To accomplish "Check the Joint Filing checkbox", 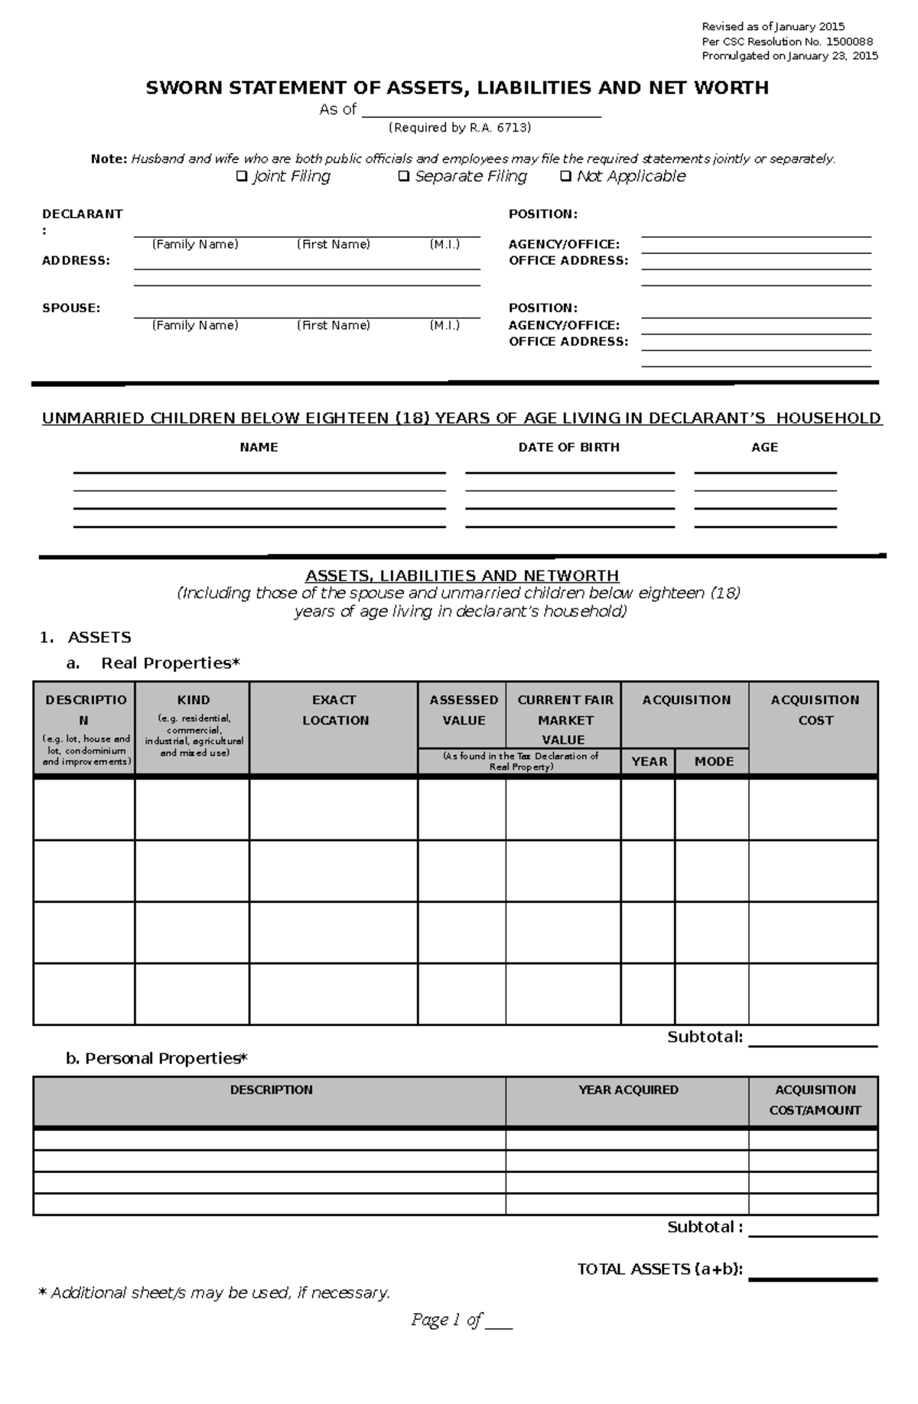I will [x=242, y=177].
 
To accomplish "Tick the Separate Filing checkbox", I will [x=404, y=177].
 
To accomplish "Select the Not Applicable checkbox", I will [x=566, y=177].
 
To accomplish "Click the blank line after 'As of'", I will [x=481, y=110].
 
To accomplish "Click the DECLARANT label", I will [x=82, y=214].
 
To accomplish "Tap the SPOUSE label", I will [x=71, y=308].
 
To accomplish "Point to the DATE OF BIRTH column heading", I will [x=568, y=448].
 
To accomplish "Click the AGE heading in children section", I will [x=764, y=448].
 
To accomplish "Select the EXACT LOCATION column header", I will [x=334, y=710].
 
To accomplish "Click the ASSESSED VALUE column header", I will [x=464, y=710].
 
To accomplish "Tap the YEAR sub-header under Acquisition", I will [x=649, y=761].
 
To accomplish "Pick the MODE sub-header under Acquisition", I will [x=713, y=761].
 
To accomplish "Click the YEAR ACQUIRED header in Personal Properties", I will [x=627, y=1090].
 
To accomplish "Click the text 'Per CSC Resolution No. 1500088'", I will [x=787, y=42].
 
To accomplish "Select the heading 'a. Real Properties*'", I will [x=154, y=663].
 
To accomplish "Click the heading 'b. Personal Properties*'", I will [x=157, y=1058].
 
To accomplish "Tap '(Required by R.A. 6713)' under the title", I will [x=459, y=128].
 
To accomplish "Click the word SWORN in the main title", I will [x=182, y=88].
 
